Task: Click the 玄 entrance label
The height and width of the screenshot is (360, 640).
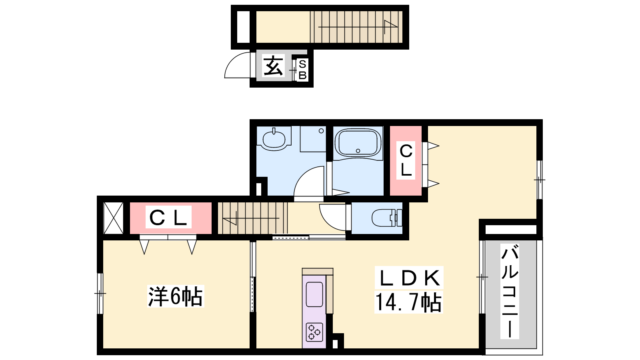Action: (273, 66)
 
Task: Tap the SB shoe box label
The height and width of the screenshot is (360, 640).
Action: (302, 70)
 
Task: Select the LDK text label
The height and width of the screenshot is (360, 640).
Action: (409, 278)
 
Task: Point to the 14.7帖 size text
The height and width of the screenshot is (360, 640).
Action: (408, 302)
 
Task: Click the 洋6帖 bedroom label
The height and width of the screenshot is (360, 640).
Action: (176, 296)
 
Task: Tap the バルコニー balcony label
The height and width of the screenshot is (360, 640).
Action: (510, 291)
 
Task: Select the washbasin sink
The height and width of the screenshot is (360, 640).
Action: (274, 139)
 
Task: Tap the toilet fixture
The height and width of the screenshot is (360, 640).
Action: (386, 218)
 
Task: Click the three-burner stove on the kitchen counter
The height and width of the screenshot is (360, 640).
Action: (314, 332)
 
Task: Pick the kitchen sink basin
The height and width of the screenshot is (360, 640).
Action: (314, 294)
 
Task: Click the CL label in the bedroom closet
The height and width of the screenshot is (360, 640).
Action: (168, 217)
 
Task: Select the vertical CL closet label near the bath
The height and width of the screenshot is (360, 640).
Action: (406, 160)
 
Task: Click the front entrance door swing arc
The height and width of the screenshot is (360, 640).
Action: (232, 60)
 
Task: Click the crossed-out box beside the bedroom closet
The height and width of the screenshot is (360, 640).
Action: (113, 218)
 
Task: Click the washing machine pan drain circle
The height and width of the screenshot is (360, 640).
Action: (321, 131)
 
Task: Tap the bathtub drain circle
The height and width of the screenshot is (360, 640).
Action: (358, 150)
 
